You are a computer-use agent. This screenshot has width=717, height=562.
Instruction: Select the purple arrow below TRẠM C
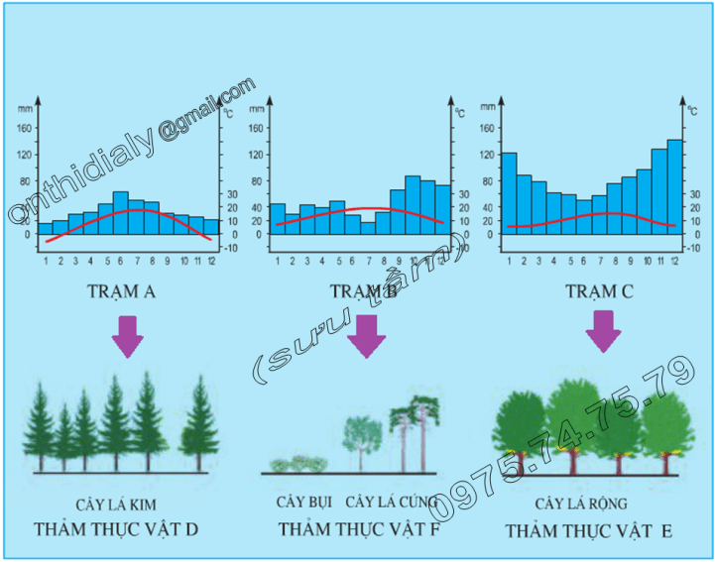click(601, 330)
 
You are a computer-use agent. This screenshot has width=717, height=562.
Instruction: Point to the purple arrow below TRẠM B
click(367, 337)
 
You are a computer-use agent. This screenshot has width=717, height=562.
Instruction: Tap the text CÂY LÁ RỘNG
click(581, 505)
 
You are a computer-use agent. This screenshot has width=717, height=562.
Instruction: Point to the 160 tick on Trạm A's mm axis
click(27, 127)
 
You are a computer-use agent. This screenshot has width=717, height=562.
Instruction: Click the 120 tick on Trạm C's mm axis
click(486, 155)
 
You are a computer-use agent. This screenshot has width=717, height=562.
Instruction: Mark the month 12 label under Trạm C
click(675, 261)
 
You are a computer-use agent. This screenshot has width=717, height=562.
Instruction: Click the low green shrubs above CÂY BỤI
click(299, 463)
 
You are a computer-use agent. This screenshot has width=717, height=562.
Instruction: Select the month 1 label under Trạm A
click(46, 261)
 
